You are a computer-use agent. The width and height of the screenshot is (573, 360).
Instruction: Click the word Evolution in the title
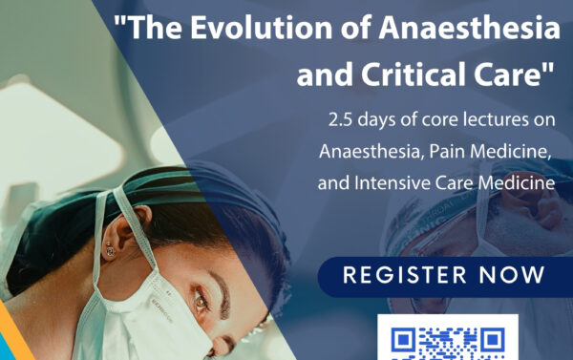click(262, 28)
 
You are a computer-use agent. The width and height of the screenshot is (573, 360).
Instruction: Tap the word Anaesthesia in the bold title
click(469, 28)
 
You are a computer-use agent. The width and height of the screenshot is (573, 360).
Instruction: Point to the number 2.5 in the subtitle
click(340, 120)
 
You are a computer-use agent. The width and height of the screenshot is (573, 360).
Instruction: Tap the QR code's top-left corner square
click(403, 340)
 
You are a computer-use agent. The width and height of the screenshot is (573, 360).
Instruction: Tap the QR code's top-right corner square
click(493, 340)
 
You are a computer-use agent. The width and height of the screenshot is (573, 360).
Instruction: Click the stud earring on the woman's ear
click(110, 249)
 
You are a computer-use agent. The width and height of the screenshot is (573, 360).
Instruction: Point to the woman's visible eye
click(201, 301)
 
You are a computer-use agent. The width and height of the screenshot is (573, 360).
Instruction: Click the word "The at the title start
click(149, 28)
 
